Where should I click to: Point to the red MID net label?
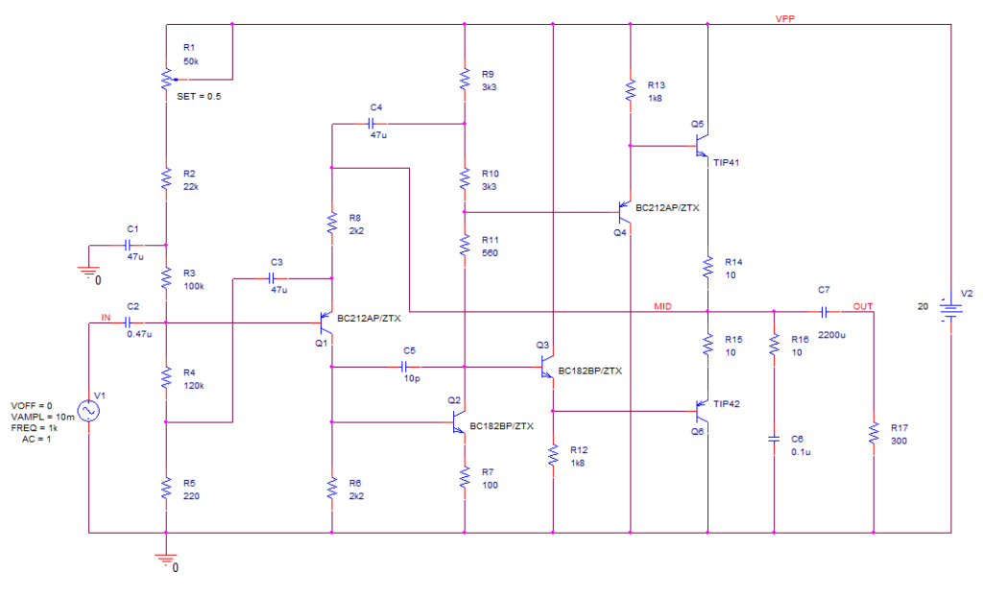pyautogui.click(x=662, y=305)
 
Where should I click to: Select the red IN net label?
pyautogui.click(x=106, y=317)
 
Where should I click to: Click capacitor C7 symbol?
pyautogui.click(x=824, y=311)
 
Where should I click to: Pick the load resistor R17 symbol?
pyautogui.click(x=874, y=433)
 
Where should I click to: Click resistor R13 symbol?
pyautogui.click(x=630, y=90)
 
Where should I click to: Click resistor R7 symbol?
pyautogui.click(x=465, y=477)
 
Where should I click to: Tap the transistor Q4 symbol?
pyautogui.click(x=624, y=211)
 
